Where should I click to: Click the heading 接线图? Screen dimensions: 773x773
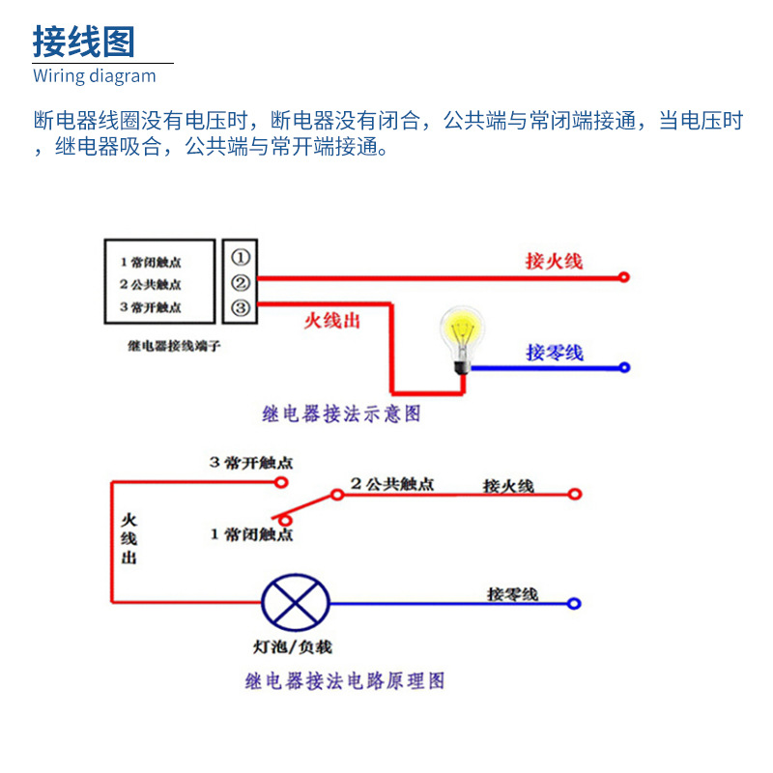(x=84, y=42)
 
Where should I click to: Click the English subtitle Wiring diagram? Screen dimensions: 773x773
(x=94, y=76)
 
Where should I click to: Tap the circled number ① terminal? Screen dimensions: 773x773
(x=241, y=257)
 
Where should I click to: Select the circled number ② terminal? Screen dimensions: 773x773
(x=241, y=283)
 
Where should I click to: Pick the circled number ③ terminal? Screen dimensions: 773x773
(x=241, y=309)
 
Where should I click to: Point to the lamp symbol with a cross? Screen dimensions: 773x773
(x=296, y=603)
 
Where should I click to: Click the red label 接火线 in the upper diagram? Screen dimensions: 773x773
(x=554, y=261)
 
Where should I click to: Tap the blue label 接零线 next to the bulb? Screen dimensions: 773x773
(x=555, y=353)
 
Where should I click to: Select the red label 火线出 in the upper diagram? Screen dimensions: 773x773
(x=331, y=321)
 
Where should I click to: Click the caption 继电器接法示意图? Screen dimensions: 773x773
(x=341, y=414)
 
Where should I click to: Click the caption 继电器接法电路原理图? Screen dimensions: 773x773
(x=345, y=681)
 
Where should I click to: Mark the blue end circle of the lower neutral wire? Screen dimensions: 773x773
(x=574, y=604)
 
